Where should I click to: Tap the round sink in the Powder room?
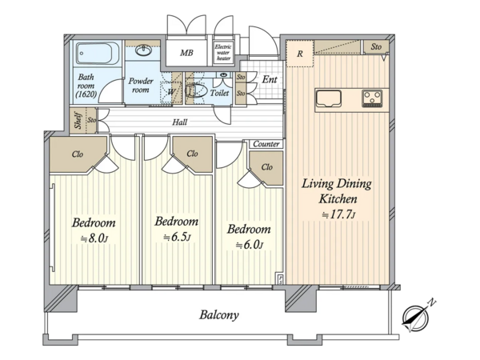143,50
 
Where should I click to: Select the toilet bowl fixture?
195,90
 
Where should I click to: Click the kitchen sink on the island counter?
329,98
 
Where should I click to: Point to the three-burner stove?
372,98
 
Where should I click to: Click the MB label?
186,53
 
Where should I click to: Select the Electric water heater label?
223,52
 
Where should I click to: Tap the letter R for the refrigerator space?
300,54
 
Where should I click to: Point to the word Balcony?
219,314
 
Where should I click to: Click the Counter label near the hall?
266,144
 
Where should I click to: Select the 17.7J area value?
338,214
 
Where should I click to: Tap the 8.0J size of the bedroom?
94,238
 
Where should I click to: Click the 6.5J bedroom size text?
177,237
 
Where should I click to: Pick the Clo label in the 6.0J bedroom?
267,167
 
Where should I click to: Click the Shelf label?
78,120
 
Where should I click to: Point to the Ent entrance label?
270,79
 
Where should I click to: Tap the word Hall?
180,122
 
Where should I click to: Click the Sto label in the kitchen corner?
376,46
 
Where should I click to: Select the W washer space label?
171,91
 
